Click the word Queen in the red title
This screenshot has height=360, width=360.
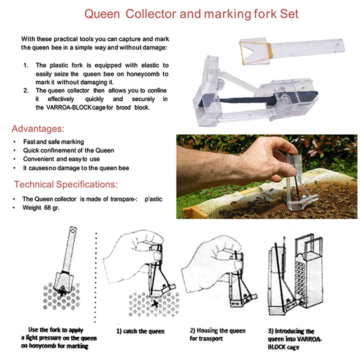pos(102,14)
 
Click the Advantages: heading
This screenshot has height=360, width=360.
pos(38,129)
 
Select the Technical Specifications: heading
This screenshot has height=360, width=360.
pos(66,184)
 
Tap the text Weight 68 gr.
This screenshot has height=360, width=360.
pos(41,208)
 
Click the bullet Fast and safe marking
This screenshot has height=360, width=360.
pos(53,142)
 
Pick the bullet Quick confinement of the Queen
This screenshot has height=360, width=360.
pos(68,150)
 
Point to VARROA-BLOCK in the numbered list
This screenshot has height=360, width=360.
pos(69,107)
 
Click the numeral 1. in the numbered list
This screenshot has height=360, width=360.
pos(26,65)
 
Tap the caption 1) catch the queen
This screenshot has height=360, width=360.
pos(140,331)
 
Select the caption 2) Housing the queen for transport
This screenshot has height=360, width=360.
pos(217,334)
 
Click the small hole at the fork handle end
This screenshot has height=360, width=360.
pos(337,45)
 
